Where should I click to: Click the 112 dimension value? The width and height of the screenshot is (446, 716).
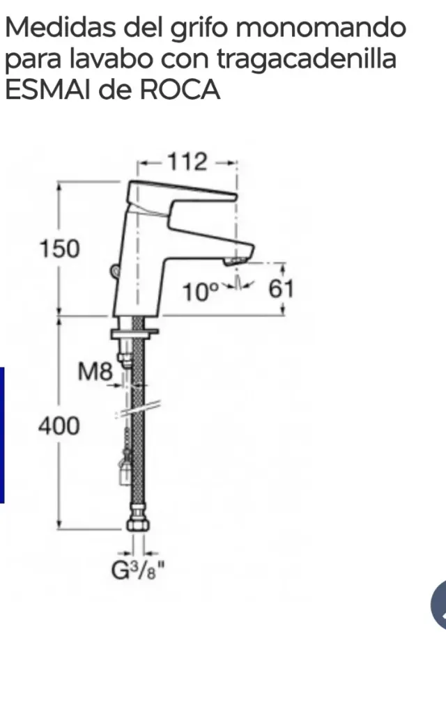click(187, 162)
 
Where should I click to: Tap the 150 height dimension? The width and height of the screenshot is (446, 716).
click(59, 248)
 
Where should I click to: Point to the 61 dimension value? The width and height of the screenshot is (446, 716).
click(282, 288)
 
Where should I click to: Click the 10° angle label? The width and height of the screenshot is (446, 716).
click(200, 291)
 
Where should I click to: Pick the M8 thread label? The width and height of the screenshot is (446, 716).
click(94, 373)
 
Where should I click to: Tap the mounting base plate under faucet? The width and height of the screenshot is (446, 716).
click(135, 334)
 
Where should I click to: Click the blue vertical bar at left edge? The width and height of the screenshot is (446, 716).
click(2, 435)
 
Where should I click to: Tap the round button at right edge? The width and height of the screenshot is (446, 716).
click(439, 603)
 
